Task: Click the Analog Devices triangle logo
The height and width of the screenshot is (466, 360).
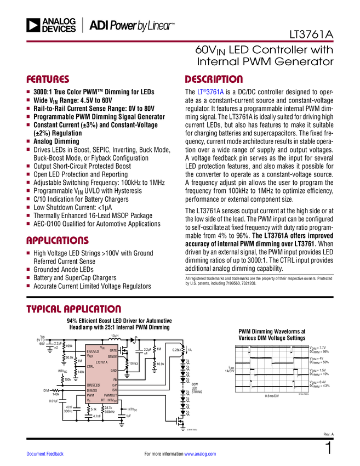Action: (34, 25)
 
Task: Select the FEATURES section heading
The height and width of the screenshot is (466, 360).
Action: (48, 79)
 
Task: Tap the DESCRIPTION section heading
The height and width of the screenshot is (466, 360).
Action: (214, 79)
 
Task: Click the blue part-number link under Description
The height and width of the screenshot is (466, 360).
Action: (211, 93)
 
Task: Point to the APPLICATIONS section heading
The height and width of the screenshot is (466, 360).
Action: (57, 241)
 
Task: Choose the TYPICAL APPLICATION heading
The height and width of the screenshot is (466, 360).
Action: (73, 309)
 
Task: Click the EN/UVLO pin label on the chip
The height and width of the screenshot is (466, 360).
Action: (93, 351)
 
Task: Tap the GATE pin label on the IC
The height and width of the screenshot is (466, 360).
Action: (113, 350)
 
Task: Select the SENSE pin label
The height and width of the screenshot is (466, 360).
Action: (112, 357)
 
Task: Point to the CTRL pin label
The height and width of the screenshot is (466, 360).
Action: (90, 366)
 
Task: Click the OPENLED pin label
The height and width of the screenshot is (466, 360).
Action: (94, 385)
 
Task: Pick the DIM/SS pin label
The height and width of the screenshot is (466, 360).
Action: (92, 390)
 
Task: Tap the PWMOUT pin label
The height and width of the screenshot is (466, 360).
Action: (110, 395)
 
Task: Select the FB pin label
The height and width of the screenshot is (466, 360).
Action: (115, 380)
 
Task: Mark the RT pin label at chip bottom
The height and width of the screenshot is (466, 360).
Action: (102, 400)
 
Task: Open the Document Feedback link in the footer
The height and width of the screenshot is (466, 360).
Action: (45, 454)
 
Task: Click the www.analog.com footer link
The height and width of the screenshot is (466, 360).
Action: (201, 454)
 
